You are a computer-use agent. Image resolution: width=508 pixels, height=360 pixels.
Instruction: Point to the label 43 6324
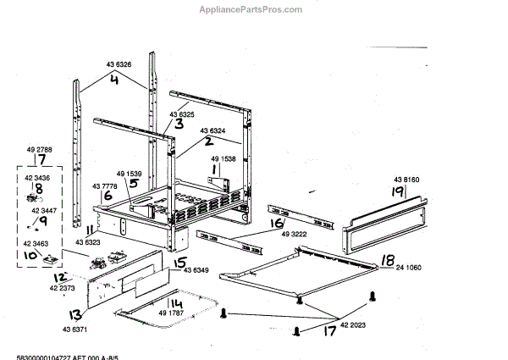213,130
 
